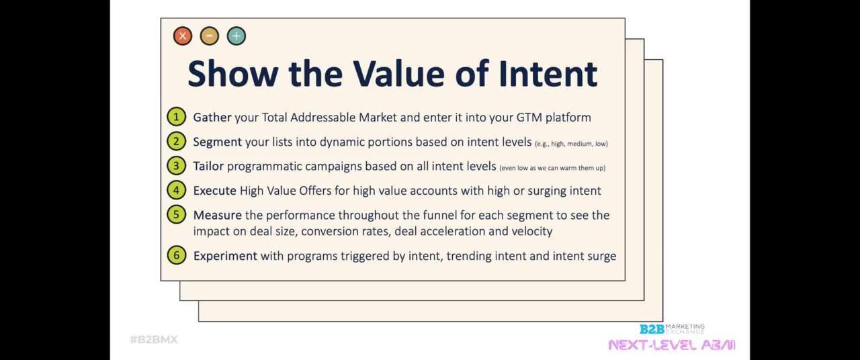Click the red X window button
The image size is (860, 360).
coord(182,36)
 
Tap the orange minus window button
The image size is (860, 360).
coord(209,36)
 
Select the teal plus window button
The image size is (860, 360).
coord(236,36)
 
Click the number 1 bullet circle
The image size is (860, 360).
coord(176,117)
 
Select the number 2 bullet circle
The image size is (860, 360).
coord(176,142)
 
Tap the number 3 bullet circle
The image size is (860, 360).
coord(176,166)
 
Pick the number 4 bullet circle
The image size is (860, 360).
coord(176,190)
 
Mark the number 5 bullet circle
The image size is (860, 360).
coord(176,215)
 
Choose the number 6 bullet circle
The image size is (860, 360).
coord(176,255)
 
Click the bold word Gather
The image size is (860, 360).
coord(212,118)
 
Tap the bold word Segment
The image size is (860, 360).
coord(217,142)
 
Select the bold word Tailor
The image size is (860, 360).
coord(208,167)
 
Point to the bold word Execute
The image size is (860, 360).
coord(214,191)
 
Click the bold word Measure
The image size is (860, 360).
coord(217,216)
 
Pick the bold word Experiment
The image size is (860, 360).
coord(225,256)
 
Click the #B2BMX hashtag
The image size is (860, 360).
coord(154,340)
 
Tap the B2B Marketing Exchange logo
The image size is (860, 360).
coord(671,328)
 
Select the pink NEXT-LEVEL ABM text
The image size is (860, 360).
coord(671,345)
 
